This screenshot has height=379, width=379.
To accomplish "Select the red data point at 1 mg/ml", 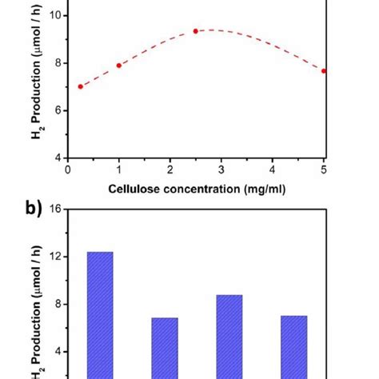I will (x=118, y=66).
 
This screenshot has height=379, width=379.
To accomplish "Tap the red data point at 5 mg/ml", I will (x=324, y=70).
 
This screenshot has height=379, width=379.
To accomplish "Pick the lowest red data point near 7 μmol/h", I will (x=80, y=86).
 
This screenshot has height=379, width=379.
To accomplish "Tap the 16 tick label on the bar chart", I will (x=56, y=209).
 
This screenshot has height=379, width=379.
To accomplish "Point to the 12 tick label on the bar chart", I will (x=56, y=257).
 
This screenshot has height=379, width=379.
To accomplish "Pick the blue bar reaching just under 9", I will (x=229, y=336).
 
